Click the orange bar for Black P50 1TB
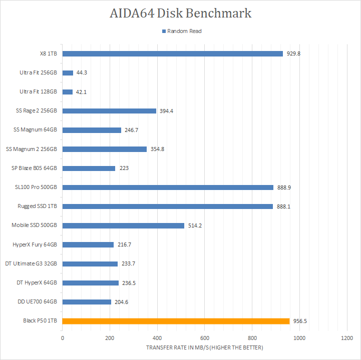[x=176, y=321]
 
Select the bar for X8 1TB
[x=173, y=53]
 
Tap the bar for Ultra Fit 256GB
[x=68, y=72]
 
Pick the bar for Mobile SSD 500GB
[x=123, y=225]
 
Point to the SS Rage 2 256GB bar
[x=109, y=111]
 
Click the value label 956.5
[x=300, y=321]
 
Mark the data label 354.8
[x=158, y=149]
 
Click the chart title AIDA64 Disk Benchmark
[x=180, y=13]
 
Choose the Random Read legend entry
[x=181, y=31]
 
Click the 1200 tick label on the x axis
[x=347, y=338]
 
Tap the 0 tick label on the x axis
[x=63, y=338]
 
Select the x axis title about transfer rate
[x=204, y=347]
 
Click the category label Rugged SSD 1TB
[x=37, y=206]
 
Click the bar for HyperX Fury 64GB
[x=88, y=244]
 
